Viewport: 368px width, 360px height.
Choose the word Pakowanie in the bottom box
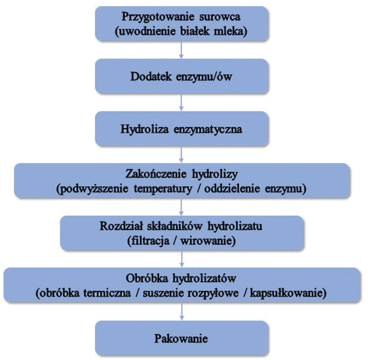pos(181,338)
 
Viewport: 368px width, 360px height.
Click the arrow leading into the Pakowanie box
pos(182,314)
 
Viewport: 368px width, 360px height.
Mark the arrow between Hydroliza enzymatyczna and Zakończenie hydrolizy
pos(182,155)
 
